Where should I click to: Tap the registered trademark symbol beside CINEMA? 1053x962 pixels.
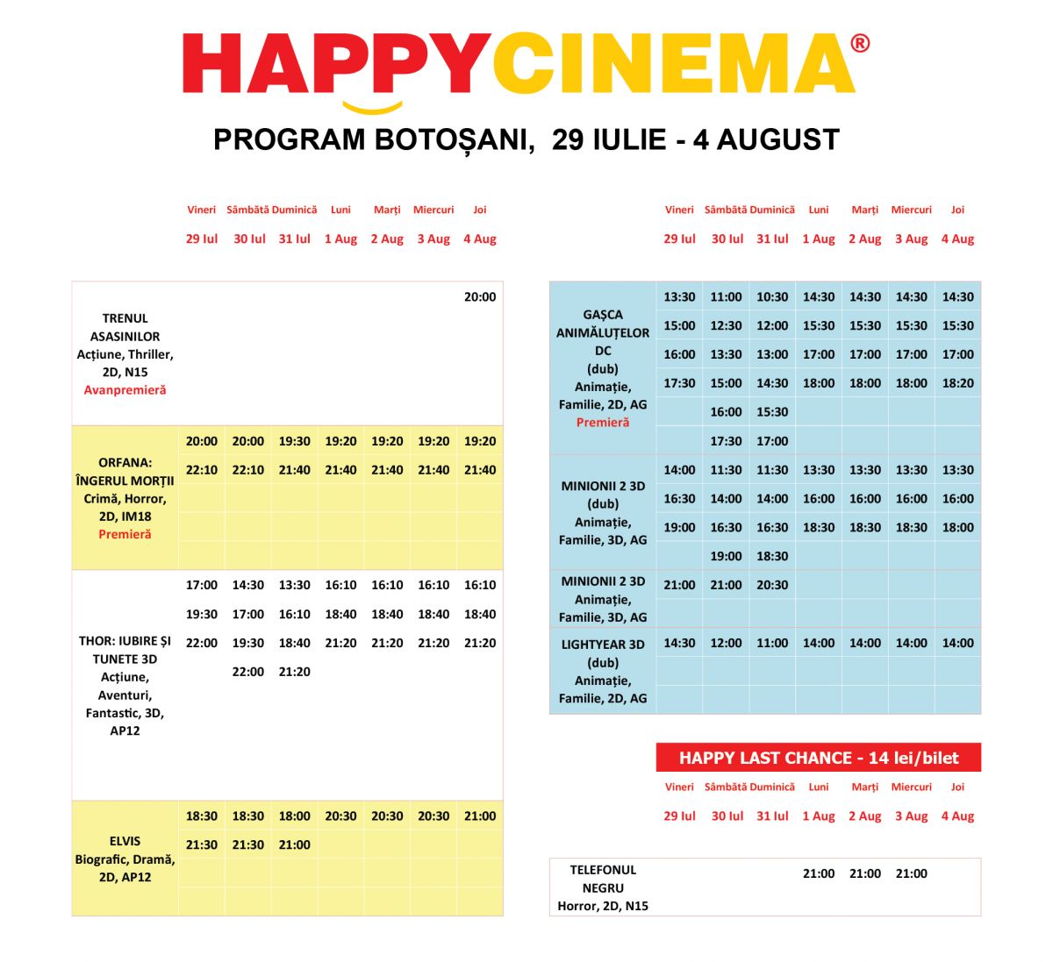(x=860, y=43)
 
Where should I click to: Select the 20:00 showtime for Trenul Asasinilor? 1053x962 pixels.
(x=480, y=297)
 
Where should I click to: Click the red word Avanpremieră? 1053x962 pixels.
(x=125, y=390)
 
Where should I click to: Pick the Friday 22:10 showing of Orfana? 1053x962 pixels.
(x=202, y=470)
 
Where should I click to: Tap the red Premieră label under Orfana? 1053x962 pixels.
(x=125, y=534)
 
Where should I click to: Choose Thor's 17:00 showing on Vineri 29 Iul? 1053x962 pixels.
(x=202, y=585)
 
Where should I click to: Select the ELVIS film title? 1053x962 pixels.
(x=125, y=841)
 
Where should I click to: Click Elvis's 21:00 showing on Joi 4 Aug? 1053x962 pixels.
(x=480, y=816)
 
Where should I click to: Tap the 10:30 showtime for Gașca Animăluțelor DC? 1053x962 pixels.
(x=772, y=297)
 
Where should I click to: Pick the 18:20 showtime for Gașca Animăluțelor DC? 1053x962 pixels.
(x=957, y=383)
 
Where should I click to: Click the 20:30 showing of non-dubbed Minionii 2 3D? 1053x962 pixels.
(x=772, y=585)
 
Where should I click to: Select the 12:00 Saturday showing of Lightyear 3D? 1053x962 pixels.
(x=726, y=643)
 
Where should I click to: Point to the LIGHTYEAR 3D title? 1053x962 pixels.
(x=603, y=645)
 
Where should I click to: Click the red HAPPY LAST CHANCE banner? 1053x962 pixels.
(x=818, y=758)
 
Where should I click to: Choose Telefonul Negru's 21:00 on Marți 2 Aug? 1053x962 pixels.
(x=865, y=873)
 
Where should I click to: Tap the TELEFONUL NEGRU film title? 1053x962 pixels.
(x=603, y=879)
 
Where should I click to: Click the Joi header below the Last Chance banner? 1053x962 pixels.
(x=957, y=787)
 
